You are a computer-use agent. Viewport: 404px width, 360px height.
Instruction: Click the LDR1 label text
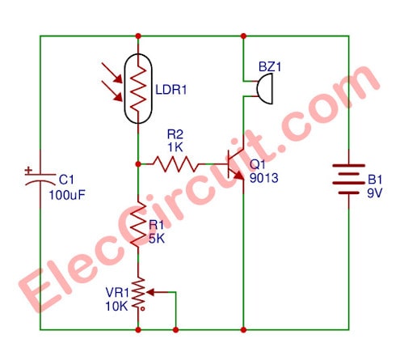(x=171, y=90)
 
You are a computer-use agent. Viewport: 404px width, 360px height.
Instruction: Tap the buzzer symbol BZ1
(x=264, y=88)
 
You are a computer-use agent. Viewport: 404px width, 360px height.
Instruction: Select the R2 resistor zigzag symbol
(x=176, y=164)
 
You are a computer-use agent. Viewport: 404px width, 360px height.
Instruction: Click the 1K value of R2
(x=175, y=147)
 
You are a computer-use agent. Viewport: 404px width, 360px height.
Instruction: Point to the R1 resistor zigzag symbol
(x=138, y=224)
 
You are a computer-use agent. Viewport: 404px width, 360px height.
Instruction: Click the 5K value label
(x=157, y=239)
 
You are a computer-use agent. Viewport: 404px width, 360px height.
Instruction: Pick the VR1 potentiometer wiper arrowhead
(x=150, y=292)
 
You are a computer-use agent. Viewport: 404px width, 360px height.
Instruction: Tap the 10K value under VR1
(x=116, y=307)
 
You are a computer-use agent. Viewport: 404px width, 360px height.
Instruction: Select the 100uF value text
(x=67, y=195)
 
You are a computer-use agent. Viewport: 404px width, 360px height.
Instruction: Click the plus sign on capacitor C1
(x=28, y=171)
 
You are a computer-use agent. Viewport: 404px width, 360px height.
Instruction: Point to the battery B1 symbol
(x=349, y=179)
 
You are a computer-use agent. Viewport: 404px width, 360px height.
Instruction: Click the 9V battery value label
(x=375, y=193)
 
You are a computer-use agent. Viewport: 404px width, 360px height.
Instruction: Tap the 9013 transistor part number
(x=264, y=178)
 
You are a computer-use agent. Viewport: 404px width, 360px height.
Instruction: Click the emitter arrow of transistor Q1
(x=238, y=176)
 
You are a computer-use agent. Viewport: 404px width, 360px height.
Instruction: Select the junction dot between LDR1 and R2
(x=138, y=164)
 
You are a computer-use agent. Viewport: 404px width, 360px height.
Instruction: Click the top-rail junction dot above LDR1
(x=138, y=36)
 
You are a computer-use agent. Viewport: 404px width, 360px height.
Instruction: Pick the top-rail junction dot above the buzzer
(x=243, y=36)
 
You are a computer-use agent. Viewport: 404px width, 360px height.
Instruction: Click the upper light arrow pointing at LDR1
(x=112, y=73)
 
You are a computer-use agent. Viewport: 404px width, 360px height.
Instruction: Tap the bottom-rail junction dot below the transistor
(x=243, y=329)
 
